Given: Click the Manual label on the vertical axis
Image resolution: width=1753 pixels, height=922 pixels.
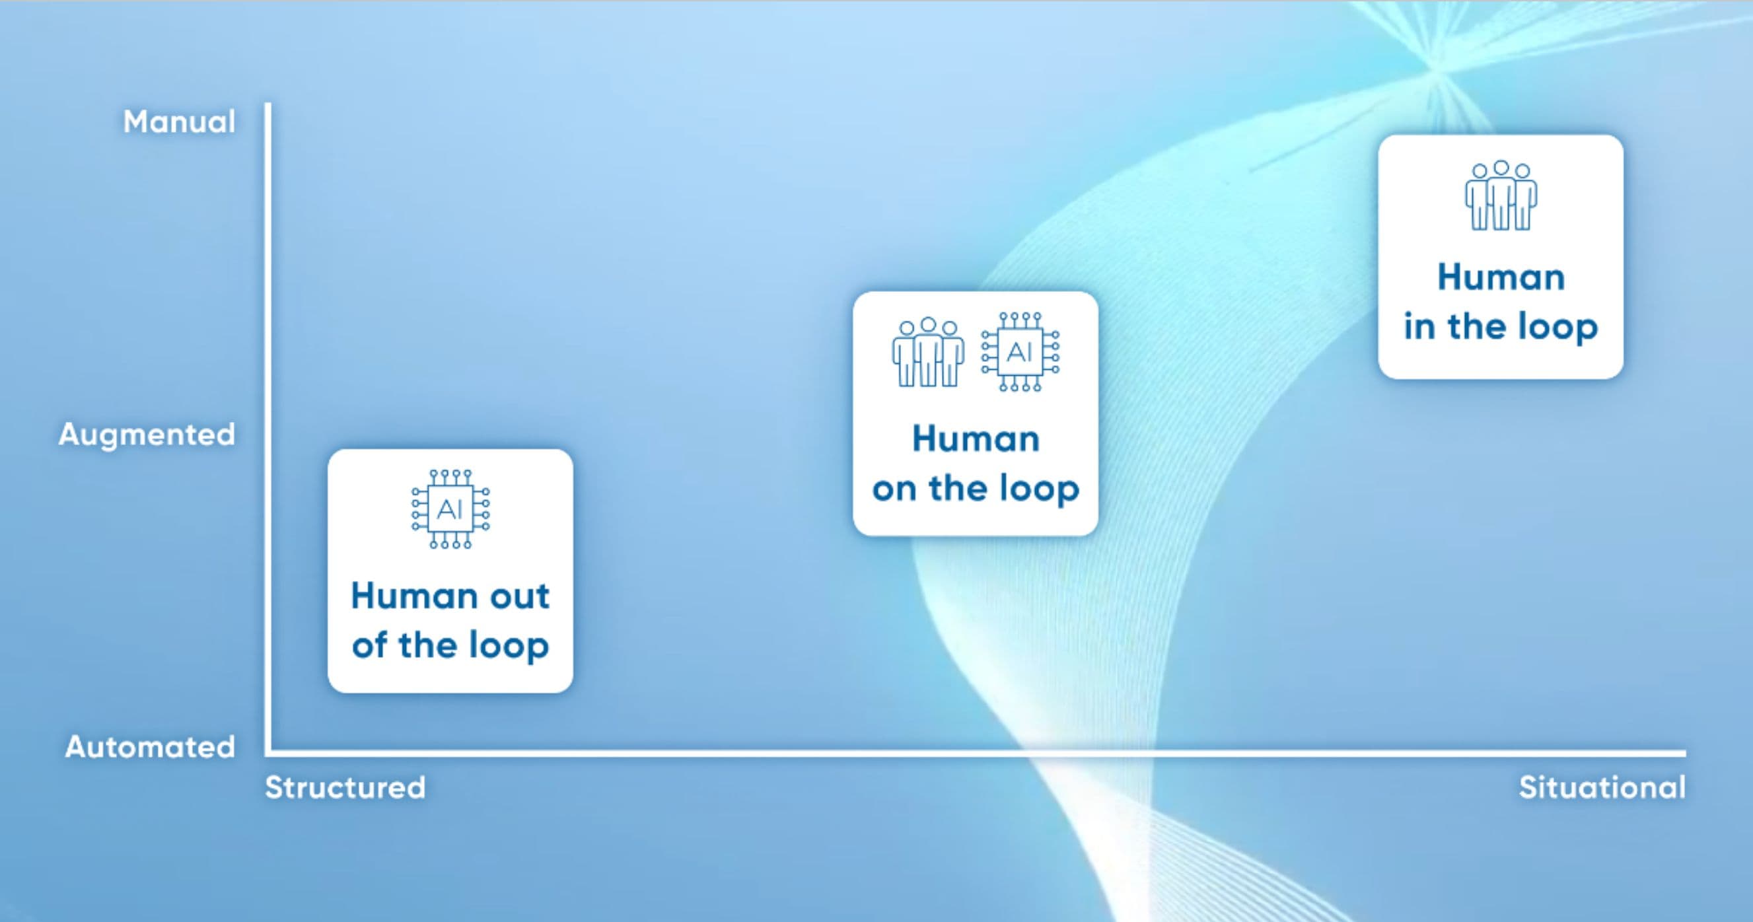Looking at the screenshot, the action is click(x=180, y=122).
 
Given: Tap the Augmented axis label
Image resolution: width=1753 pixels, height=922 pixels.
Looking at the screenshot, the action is click(x=147, y=435).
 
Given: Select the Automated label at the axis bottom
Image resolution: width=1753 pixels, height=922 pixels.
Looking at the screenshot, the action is click(x=151, y=747).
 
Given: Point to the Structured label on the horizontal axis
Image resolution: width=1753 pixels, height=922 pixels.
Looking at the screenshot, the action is click(x=345, y=787).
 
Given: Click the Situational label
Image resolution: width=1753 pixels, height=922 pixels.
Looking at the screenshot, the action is click(x=1602, y=787).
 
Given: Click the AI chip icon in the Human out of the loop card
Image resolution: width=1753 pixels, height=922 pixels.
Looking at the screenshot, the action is click(x=450, y=509).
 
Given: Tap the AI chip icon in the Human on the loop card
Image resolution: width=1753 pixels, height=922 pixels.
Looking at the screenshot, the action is click(x=1020, y=352).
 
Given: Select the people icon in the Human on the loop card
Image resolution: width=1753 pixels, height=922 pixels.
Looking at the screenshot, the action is click(x=928, y=352).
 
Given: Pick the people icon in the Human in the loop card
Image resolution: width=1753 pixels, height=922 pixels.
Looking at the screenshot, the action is click(x=1501, y=195).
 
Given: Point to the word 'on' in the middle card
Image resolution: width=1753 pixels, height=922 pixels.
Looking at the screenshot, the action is click(x=895, y=489).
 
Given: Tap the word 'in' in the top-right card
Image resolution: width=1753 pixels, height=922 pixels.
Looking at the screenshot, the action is click(x=1419, y=327).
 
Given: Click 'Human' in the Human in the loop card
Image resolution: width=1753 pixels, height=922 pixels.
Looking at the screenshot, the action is click(x=1501, y=277).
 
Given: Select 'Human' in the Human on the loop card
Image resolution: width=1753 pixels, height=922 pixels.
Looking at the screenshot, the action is click(x=976, y=439).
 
